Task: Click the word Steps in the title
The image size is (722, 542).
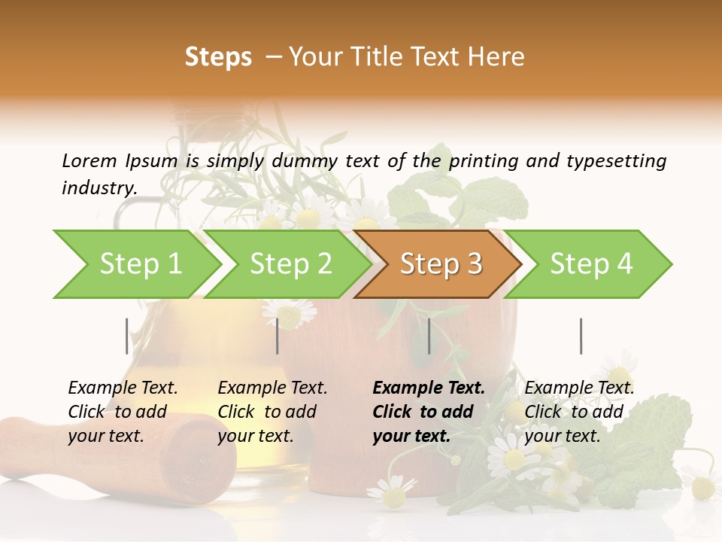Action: click(218, 57)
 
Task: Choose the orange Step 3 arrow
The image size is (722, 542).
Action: click(441, 264)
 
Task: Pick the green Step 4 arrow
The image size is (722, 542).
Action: click(591, 264)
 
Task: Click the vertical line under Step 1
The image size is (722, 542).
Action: click(127, 336)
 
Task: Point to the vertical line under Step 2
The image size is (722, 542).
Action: click(278, 336)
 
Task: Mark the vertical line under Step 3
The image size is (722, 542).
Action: click(429, 336)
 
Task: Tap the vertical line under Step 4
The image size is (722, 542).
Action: click(581, 336)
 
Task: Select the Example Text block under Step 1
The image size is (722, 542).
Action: click(123, 412)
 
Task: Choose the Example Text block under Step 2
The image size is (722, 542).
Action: click(272, 412)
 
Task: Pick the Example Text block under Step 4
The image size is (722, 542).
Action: click(579, 412)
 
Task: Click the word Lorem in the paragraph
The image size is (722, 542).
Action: click(89, 161)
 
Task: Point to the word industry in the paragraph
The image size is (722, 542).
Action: click(99, 188)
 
